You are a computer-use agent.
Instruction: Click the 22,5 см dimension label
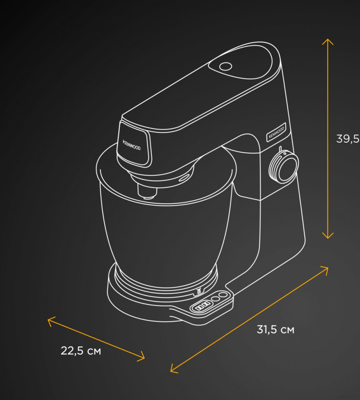[x=81, y=351]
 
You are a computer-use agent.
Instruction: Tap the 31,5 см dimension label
[x=275, y=329]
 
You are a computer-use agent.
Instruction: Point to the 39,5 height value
[x=348, y=139]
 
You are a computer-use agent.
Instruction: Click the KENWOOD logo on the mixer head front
[x=132, y=145]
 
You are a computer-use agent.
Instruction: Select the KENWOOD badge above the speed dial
[x=276, y=132]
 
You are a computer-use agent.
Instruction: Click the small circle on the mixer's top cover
[x=226, y=66]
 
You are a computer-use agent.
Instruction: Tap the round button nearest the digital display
[x=216, y=299]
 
